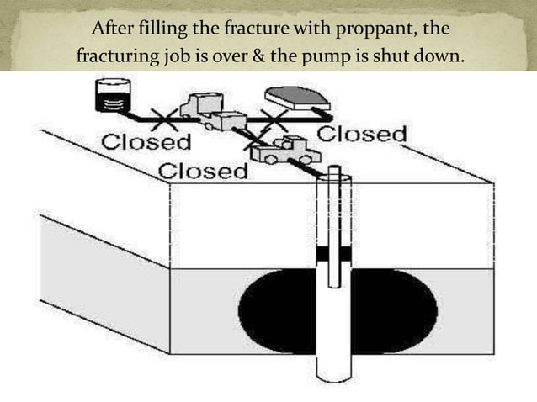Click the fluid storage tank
pos(113,95)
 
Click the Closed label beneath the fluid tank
pos(145,140)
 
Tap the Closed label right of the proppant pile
pos(362,135)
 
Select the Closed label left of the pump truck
pos(203,171)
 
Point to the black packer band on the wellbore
pos(336,252)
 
